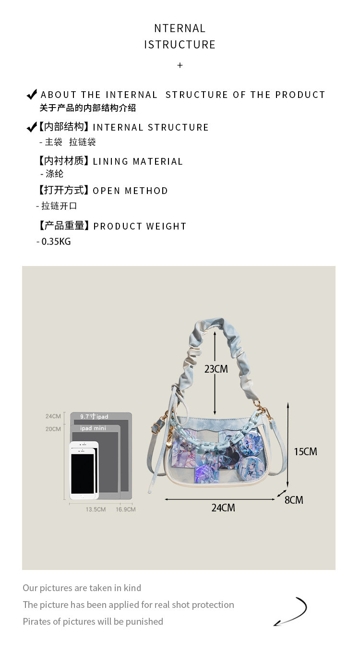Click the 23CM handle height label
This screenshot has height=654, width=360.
(x=216, y=369)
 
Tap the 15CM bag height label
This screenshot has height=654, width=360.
(x=305, y=451)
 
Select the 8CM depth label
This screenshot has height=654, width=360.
(x=294, y=500)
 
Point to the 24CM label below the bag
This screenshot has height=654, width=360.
(x=223, y=508)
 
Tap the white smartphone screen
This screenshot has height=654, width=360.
(x=82, y=473)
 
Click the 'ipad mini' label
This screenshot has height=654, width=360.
(x=93, y=428)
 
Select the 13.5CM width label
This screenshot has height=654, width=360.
(x=96, y=509)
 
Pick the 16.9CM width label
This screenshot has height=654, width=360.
(x=125, y=509)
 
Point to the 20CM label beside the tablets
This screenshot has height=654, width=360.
(x=53, y=429)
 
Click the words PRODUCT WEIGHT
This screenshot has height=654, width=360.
(x=140, y=226)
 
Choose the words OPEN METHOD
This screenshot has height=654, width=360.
(x=130, y=191)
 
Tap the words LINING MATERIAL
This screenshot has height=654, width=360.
(x=138, y=161)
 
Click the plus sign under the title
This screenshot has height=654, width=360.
(x=180, y=65)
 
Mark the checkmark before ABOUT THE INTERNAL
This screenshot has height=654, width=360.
(x=32, y=94)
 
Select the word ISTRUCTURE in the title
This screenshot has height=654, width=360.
(x=180, y=45)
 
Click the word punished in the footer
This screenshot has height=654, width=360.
(x=144, y=621)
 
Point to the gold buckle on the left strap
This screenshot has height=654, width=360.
(x=157, y=425)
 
